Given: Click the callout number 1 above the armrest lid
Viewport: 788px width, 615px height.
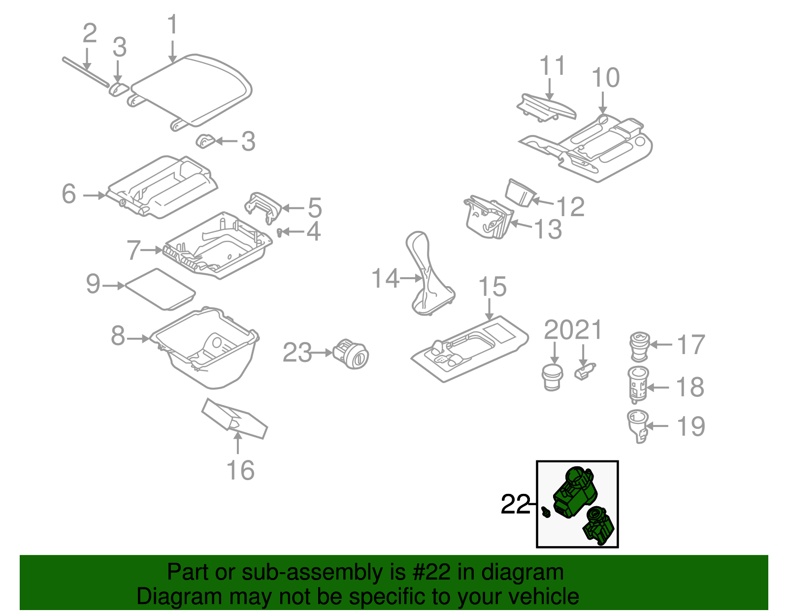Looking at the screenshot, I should coord(172,25).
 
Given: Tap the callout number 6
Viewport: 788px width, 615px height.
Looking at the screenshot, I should coord(69,194).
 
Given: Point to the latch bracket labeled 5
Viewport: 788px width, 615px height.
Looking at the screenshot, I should coord(263,207).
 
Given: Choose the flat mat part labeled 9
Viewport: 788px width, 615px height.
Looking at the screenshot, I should coord(160,289).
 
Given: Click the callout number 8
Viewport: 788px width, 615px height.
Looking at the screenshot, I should coord(118,336).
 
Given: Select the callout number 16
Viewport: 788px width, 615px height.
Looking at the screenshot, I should coord(240,470).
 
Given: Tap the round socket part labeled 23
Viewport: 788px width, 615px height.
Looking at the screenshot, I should coord(351,354).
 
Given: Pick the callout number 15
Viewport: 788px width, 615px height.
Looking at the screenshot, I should coord(492,287).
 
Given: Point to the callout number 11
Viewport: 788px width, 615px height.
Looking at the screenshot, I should coord(552,66).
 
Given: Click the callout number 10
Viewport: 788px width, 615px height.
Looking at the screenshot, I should coord(605,78).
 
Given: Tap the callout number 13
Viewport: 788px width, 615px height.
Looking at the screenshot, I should coord(548,229).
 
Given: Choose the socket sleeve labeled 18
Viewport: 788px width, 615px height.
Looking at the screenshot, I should coord(638,384).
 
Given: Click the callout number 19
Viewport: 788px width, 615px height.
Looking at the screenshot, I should coord(691,426).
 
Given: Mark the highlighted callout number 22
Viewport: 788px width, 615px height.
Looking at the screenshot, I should coord(515,504).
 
